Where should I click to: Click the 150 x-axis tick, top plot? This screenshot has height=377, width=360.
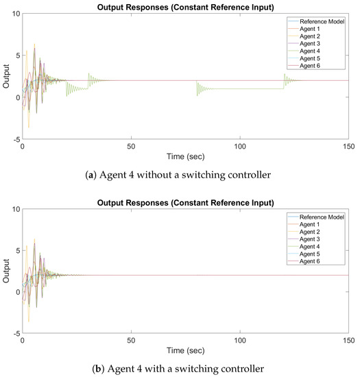[x=348, y=146]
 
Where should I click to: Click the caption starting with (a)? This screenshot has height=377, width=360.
[x=185, y=173]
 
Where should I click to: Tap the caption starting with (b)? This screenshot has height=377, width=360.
[x=185, y=369]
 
